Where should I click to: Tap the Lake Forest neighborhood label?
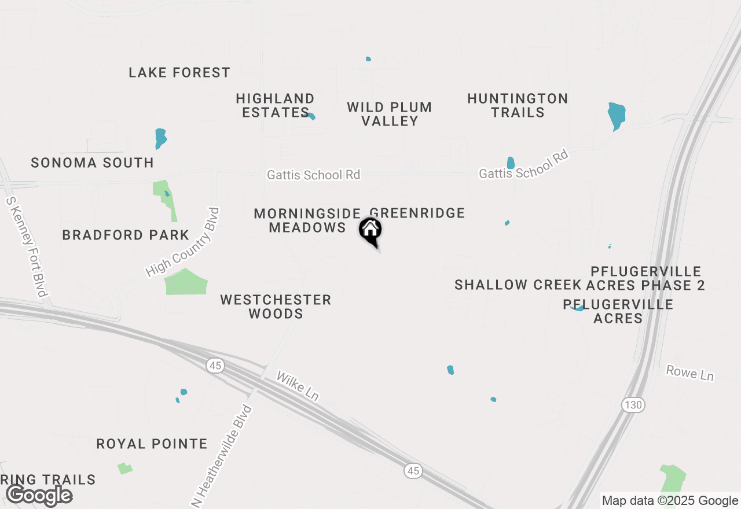pos(179,72)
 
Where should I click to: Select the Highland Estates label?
pos(276,105)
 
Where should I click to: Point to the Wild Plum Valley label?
pos(390,114)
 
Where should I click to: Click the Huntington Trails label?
pos(518,105)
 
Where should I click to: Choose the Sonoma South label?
pos(93,163)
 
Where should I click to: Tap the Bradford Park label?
pos(126,235)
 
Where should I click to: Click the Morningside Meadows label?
pos(308,220)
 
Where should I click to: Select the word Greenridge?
pos(417,213)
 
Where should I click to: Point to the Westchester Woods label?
pos(276,307)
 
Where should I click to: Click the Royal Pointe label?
pos(152,444)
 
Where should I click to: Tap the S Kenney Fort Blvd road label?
pos(26,246)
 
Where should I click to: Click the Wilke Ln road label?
pos(298,385)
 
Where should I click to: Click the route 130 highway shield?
pos(633,405)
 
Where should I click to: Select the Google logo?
pos(39,496)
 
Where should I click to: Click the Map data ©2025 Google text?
pos(670,501)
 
